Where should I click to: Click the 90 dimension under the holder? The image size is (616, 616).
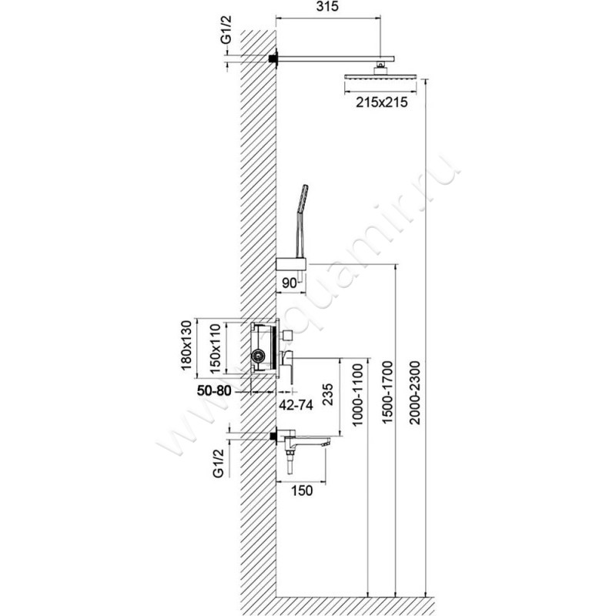[290, 283]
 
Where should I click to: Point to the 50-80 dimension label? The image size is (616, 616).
[213, 390]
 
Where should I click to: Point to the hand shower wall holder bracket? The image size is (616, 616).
[290, 265]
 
